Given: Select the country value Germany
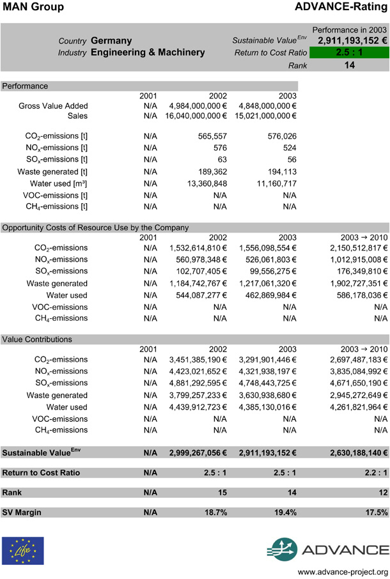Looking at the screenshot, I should pos(111,41).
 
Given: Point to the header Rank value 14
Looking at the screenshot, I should pos(349,65).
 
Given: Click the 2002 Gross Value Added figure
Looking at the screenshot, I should pos(198,106).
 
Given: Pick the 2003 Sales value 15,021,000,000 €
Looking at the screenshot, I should pos(267,116).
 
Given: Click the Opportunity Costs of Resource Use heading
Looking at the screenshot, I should pos(95,227).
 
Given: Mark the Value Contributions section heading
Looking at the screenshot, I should pos(37,339).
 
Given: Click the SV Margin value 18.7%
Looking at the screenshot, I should pos(215,513).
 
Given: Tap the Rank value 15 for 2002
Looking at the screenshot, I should pos(221,493).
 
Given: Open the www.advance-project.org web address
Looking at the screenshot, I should pos(343,571).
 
